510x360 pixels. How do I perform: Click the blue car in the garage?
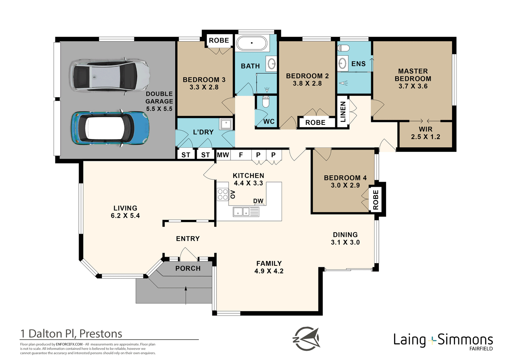(111, 128)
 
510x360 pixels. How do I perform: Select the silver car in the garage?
(110, 76)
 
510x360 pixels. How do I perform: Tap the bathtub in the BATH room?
(252, 43)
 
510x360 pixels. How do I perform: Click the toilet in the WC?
(266, 102)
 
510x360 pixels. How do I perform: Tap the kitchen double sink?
(241, 211)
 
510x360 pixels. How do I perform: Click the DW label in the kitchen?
(258, 201)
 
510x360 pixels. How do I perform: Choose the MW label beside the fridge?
(223, 155)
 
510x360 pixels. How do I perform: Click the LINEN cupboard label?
(343, 112)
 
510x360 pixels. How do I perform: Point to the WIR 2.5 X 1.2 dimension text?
(425, 137)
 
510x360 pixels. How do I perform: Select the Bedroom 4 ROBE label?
(376, 199)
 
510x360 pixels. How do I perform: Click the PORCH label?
(188, 269)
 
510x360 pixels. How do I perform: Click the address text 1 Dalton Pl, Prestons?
(71, 334)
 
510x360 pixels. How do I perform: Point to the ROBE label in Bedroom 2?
(315, 123)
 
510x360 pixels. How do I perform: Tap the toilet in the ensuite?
(344, 48)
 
